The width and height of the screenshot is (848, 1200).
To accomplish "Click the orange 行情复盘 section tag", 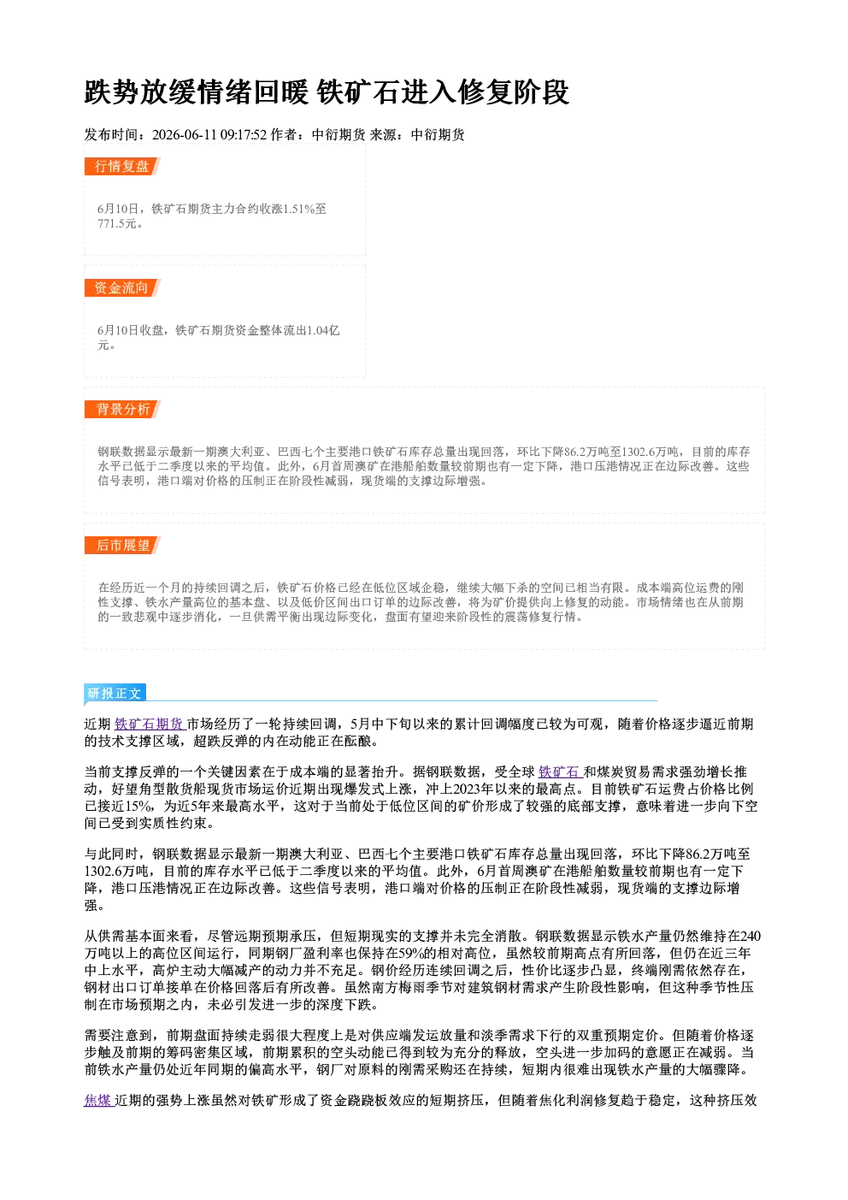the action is coord(122,166).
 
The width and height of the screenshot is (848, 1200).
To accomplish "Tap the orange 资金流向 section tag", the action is coord(122,287).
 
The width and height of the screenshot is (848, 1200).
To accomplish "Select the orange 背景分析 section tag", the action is coord(122,410).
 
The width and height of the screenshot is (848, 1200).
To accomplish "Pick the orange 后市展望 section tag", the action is coord(122,546).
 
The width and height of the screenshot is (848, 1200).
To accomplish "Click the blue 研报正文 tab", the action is coord(115,693).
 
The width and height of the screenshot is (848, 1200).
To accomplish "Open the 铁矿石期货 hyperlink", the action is coord(150,724).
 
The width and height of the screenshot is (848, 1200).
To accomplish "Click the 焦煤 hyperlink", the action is coord(98,1101).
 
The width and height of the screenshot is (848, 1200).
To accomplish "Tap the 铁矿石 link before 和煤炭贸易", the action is coord(560,772).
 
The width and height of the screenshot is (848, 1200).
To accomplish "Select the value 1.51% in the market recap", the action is coord(298,209).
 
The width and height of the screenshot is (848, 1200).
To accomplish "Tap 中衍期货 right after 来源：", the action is coord(438,135).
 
